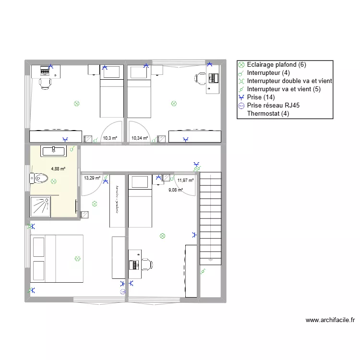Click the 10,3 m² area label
click(110, 138)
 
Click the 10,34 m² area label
click(139, 138)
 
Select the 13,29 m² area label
click(92, 178)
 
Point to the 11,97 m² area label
click(185, 180)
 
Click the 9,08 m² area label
click(175, 190)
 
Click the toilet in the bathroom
click(39, 179)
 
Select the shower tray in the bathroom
click(43, 207)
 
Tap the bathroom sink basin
click(54, 151)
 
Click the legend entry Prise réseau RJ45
click(274, 106)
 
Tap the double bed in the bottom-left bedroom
click(57, 258)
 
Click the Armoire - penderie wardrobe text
click(117, 199)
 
